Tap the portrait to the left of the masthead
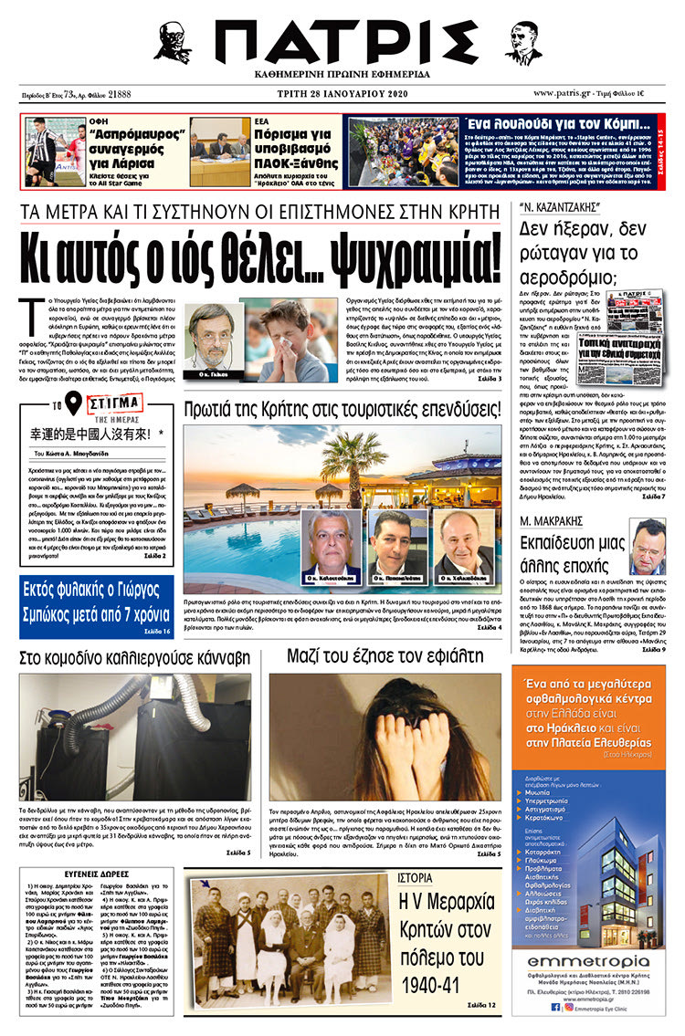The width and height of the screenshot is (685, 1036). point(173,41)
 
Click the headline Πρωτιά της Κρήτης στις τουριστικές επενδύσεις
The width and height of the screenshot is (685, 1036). point(342,408)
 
